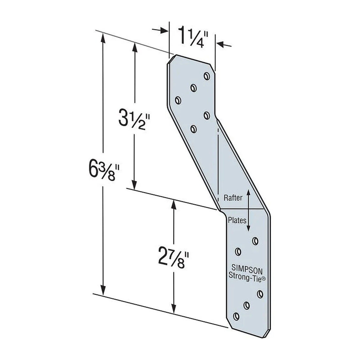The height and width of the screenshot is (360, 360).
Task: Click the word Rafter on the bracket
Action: tap(233, 198)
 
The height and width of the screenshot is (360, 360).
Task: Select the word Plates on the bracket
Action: tap(237, 220)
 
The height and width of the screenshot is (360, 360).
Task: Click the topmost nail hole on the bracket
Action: tap(206, 76)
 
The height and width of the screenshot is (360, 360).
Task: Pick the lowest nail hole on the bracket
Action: tap(236, 316)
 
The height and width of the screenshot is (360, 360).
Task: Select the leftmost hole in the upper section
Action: tap(178, 101)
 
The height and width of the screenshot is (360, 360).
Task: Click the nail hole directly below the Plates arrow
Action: tap(255, 240)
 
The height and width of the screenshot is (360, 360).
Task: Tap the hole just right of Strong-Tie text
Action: tap(260, 294)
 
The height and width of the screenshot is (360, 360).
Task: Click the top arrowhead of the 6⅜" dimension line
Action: tap(103, 37)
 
